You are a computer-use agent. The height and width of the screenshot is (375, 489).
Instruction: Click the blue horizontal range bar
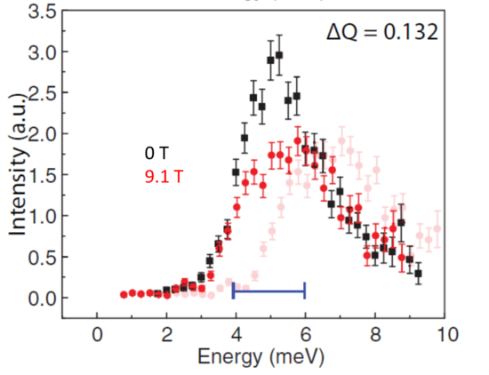pyautogui.click(x=269, y=290)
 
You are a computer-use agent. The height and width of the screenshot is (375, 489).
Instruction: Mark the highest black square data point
pyautogui.click(x=279, y=55)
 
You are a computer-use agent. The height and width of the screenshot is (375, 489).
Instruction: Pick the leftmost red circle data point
pyautogui.click(x=124, y=294)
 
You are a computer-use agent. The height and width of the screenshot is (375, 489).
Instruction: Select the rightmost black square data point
pyautogui.click(x=418, y=274)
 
